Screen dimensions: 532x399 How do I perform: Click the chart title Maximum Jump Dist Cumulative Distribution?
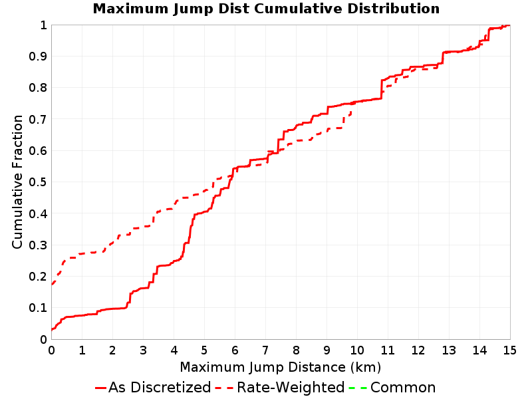click(x=266, y=9)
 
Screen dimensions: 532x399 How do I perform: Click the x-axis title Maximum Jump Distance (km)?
click(x=280, y=368)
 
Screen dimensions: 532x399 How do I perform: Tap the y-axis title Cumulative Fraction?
click(x=17, y=182)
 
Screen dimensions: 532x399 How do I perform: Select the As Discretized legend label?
click(x=160, y=387)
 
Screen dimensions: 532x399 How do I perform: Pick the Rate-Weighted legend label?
click(x=291, y=387)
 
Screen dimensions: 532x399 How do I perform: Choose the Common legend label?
click(x=403, y=387)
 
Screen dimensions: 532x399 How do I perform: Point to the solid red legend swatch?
click(x=100, y=388)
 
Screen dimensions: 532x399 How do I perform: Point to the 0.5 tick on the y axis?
click(x=38, y=182)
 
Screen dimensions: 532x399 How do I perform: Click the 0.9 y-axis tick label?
click(x=38, y=57)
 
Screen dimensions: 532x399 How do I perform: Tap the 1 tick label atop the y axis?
click(x=43, y=25)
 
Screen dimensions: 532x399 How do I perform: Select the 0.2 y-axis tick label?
click(x=38, y=277)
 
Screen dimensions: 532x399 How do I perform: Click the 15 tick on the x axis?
click(x=509, y=350)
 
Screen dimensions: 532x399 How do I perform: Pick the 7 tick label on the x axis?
click(x=265, y=350)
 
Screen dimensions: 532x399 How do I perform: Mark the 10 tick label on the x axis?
click(x=357, y=350)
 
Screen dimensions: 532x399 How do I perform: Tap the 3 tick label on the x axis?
click(x=143, y=350)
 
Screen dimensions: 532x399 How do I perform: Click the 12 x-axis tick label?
click(x=418, y=350)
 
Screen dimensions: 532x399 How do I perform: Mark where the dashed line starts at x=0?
click(x=52, y=285)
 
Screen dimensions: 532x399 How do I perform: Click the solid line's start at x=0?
click(x=52, y=329)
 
